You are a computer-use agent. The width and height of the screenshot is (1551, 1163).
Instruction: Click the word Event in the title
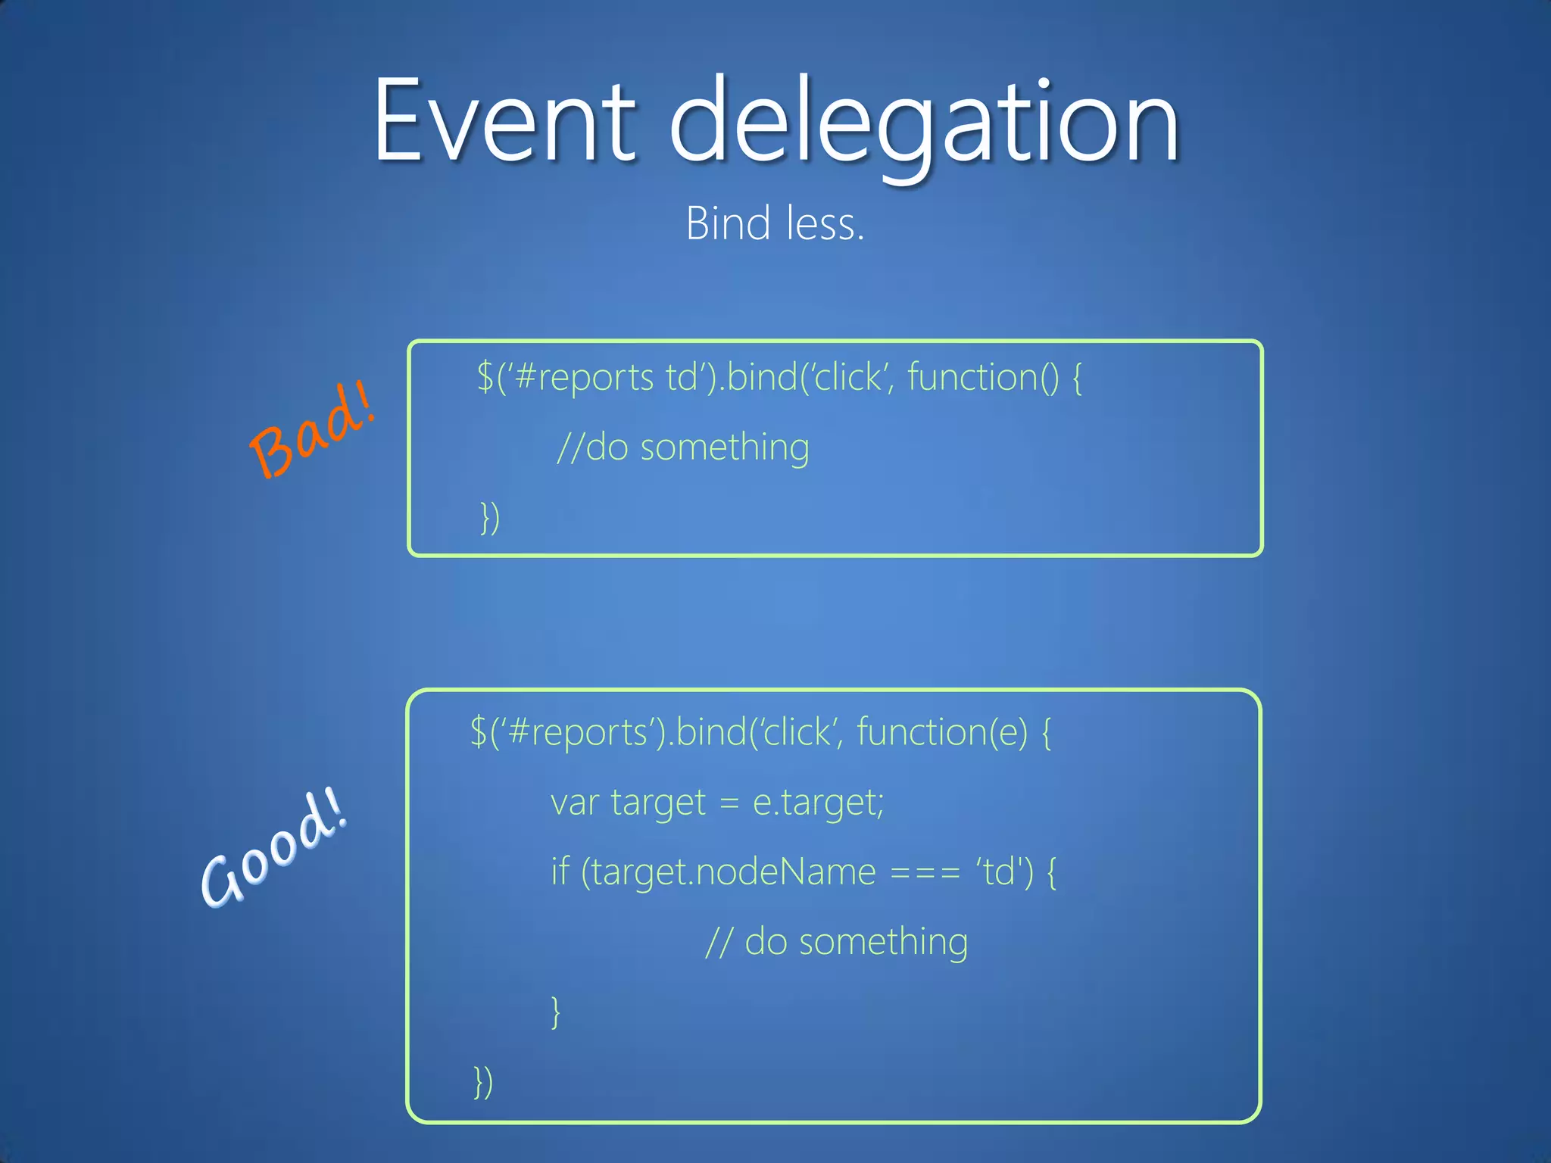tap(504, 121)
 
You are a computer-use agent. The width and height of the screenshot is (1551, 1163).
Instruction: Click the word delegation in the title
tap(924, 125)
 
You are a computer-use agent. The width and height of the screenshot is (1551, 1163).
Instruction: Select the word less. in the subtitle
tap(825, 224)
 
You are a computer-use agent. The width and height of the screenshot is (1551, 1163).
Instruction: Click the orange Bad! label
tap(312, 429)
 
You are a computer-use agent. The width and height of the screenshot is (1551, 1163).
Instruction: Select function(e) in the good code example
tap(942, 732)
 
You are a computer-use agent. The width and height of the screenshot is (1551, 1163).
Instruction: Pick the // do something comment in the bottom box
tap(836, 942)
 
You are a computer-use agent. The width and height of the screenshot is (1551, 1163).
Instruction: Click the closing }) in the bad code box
tap(490, 518)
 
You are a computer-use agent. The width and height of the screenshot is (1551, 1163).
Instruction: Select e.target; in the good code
tap(818, 803)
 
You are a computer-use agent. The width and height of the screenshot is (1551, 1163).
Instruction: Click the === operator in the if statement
tap(925, 872)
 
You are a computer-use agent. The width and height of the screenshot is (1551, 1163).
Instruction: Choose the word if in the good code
tap(560, 871)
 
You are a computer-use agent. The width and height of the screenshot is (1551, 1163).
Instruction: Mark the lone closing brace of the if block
tap(556, 1012)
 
